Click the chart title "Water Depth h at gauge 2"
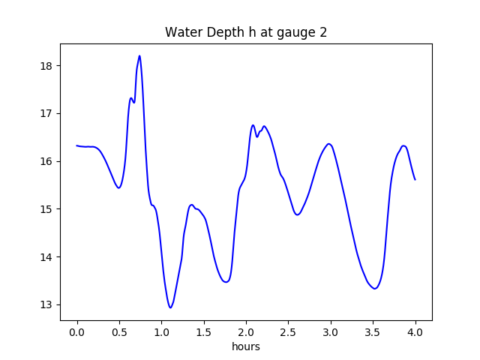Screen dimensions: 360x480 (246, 32)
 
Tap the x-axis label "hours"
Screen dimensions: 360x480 (246, 347)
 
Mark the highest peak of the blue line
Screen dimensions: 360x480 (139, 55)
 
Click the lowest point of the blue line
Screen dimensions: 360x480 (170, 307)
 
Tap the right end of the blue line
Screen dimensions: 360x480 (415, 179)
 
